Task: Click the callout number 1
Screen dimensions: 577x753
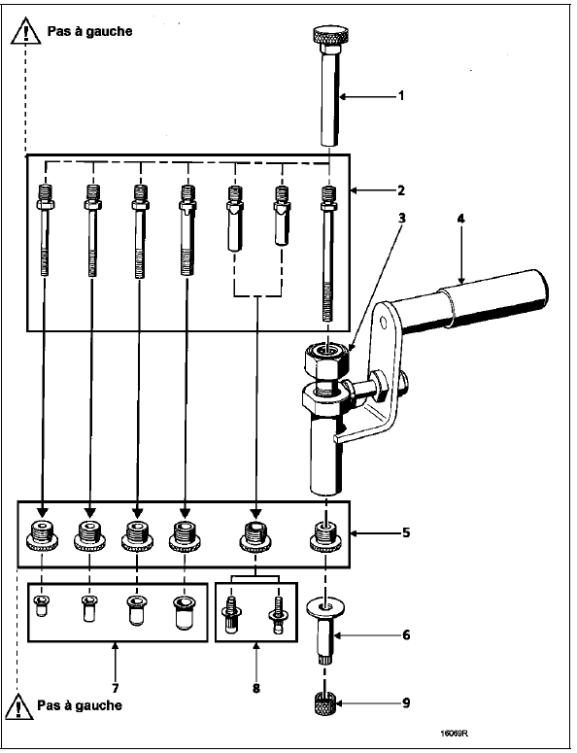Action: pos(401,95)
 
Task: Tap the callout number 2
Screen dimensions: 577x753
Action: pos(401,190)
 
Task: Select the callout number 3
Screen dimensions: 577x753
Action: pos(402,218)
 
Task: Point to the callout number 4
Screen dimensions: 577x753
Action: pos(460,219)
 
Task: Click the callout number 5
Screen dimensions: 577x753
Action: pos(406,532)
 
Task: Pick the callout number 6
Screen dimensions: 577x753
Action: pos(406,634)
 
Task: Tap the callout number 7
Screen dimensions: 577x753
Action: pos(116,688)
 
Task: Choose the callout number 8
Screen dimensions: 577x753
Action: pos(256,688)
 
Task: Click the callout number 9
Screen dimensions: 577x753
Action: pos(406,703)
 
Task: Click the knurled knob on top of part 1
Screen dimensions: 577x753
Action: pos(330,36)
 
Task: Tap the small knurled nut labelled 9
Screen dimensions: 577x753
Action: pos(326,703)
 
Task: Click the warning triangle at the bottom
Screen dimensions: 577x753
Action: pos(19,706)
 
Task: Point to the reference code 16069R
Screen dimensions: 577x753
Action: pos(454,734)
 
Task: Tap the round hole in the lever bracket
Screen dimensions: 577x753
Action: pos(383,319)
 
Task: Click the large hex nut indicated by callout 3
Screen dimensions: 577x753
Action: pos(327,359)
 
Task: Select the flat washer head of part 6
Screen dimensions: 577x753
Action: pos(326,608)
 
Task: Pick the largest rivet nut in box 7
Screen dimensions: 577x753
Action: pos(184,612)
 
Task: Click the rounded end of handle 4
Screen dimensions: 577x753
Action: pos(541,291)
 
